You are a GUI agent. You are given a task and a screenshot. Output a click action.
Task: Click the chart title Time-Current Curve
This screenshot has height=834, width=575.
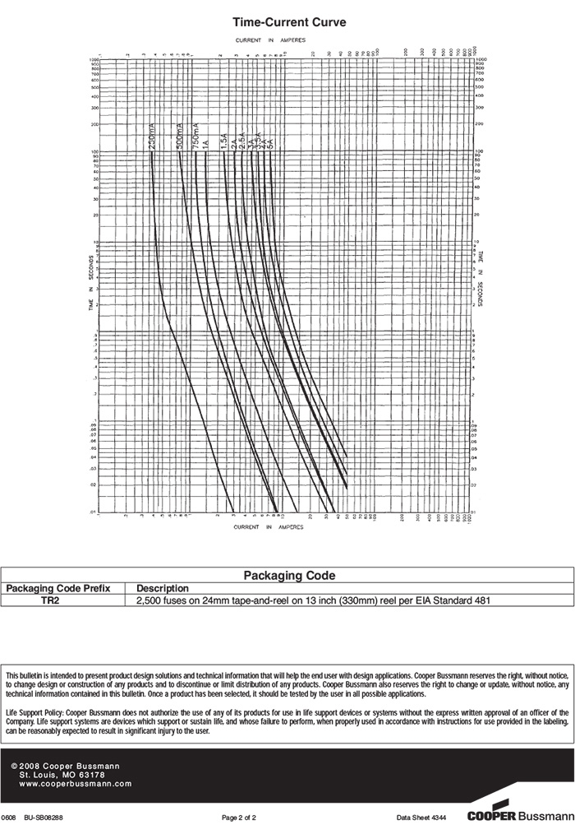(288, 22)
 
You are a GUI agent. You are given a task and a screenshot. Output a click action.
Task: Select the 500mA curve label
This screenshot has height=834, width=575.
(179, 135)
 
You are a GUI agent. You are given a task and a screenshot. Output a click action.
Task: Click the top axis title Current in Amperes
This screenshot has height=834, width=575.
(270, 39)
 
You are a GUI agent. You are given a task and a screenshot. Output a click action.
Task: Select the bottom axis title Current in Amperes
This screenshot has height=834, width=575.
(269, 526)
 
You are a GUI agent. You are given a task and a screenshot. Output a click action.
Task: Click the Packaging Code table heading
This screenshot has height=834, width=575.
(289, 576)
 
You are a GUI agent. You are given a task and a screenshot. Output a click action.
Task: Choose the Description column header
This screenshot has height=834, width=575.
(163, 588)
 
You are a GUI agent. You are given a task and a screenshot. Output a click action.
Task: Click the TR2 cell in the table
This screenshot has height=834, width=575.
(51, 600)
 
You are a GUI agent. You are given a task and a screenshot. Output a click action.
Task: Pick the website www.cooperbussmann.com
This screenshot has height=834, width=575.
(75, 784)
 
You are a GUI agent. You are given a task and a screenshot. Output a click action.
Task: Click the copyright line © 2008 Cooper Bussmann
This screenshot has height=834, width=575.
(65, 766)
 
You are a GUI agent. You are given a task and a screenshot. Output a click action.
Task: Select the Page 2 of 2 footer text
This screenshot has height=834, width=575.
(239, 818)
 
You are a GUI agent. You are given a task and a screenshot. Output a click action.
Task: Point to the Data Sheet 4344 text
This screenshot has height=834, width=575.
(421, 818)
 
